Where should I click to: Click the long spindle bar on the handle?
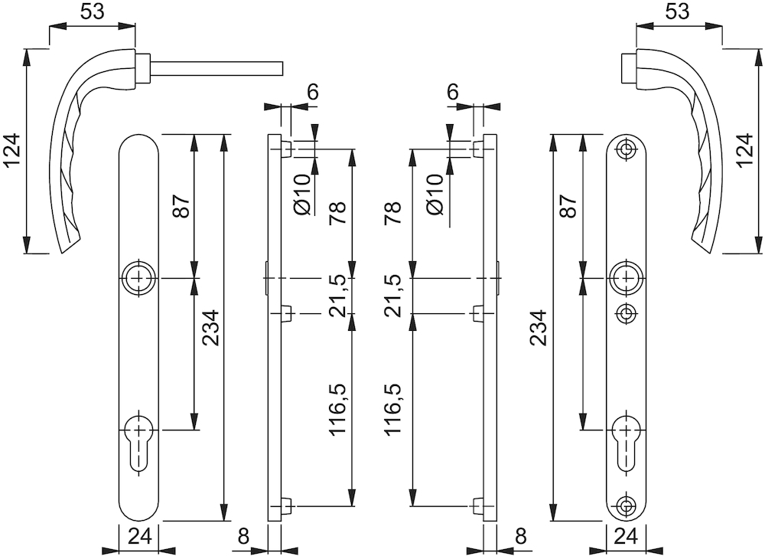click(x=216, y=69)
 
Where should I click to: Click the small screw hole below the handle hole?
click(x=626, y=312)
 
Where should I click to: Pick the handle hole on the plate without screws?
click(x=139, y=279)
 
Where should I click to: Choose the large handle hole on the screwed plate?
click(x=626, y=279)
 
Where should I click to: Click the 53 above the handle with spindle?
click(x=93, y=11)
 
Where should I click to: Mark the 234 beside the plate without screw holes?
click(x=211, y=327)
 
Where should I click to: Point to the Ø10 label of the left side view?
click(x=302, y=194)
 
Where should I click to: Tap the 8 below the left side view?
click(x=244, y=537)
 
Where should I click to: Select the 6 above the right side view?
click(x=453, y=92)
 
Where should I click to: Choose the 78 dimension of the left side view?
click(x=337, y=213)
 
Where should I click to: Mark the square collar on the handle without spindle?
click(x=628, y=69)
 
